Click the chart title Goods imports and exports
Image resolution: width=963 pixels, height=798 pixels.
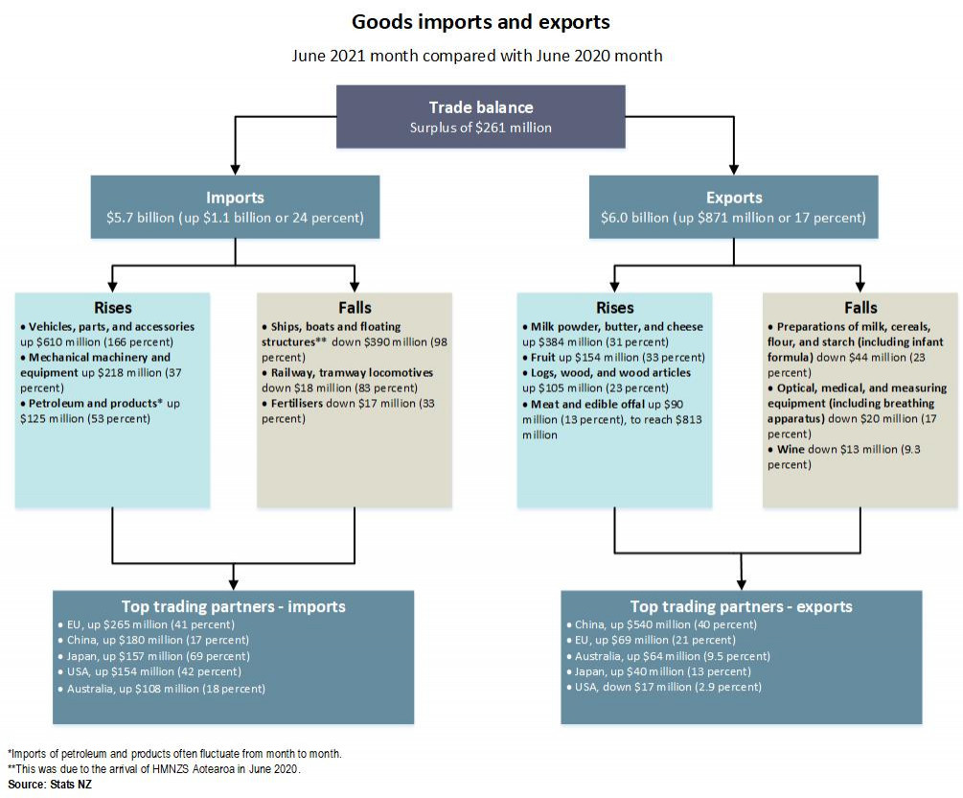[480, 21]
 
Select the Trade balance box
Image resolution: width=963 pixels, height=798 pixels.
[480, 116]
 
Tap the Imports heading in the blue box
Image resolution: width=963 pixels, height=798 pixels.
[235, 198]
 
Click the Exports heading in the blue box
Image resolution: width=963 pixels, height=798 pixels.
[734, 198]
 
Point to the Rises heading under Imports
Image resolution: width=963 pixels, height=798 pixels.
[113, 308]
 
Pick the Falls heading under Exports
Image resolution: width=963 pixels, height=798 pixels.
[860, 308]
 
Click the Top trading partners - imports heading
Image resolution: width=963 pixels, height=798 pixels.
[233, 606]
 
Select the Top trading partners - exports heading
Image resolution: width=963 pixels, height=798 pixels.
[741, 606]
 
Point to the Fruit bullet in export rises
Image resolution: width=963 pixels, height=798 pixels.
[613, 358]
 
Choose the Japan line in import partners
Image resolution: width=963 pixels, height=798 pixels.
[158, 656]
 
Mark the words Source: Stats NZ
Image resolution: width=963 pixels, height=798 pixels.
[50, 785]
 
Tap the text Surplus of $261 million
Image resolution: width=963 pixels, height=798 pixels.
[480, 128]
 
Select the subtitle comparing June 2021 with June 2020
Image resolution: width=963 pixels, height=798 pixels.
[477, 56]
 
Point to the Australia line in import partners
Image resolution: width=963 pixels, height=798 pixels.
[166, 689]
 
